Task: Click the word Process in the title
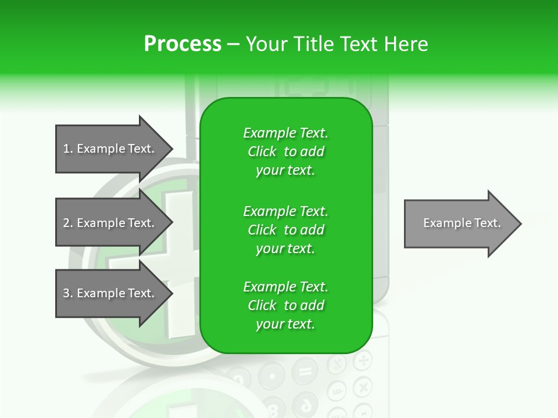click(x=183, y=44)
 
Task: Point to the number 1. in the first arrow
click(x=68, y=149)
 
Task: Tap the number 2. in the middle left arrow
click(x=68, y=223)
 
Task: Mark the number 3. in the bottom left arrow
click(x=68, y=293)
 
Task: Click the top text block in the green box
click(x=285, y=152)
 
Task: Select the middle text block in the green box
click(x=285, y=229)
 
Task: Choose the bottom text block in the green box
click(x=285, y=305)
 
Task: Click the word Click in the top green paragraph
click(x=262, y=152)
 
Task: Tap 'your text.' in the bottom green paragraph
click(x=285, y=324)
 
